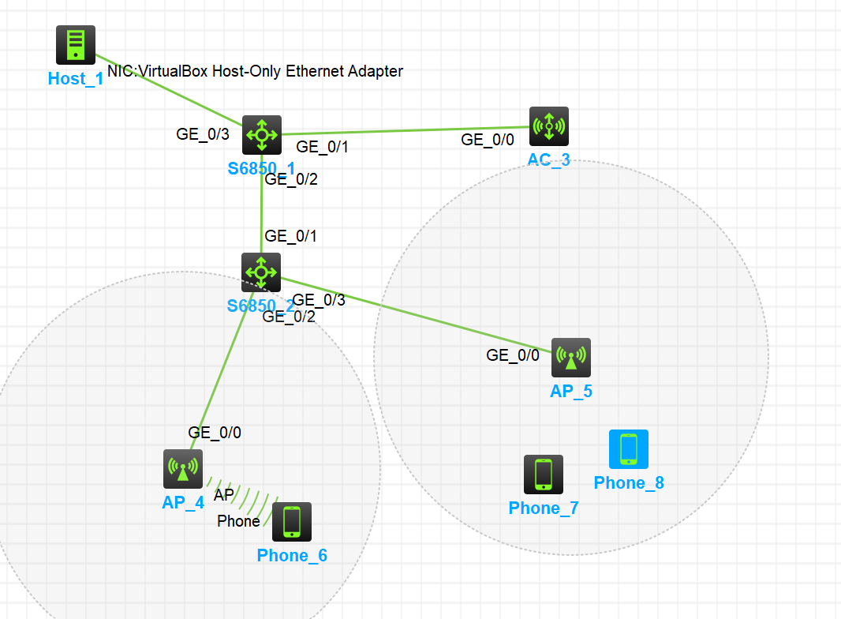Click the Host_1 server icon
[x=76, y=45]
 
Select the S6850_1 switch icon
[x=261, y=135]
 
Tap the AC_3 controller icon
[x=548, y=126]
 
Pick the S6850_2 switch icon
[x=261, y=272]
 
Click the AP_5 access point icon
[x=570, y=358]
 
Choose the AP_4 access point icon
[x=183, y=469]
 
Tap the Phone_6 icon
[x=292, y=522]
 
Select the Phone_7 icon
[x=544, y=475]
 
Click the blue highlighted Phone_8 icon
[x=629, y=449]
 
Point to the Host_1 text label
[x=76, y=78]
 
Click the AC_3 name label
[x=549, y=160]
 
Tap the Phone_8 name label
[x=629, y=483]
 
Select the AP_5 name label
[x=571, y=391]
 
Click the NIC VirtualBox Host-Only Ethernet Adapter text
[x=255, y=71]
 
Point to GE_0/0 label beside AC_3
[x=488, y=140]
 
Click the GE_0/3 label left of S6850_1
[x=203, y=133]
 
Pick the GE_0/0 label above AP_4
[x=215, y=432]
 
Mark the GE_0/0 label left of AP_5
[x=513, y=355]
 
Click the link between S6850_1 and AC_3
[x=402, y=130]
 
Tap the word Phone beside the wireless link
[x=238, y=521]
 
